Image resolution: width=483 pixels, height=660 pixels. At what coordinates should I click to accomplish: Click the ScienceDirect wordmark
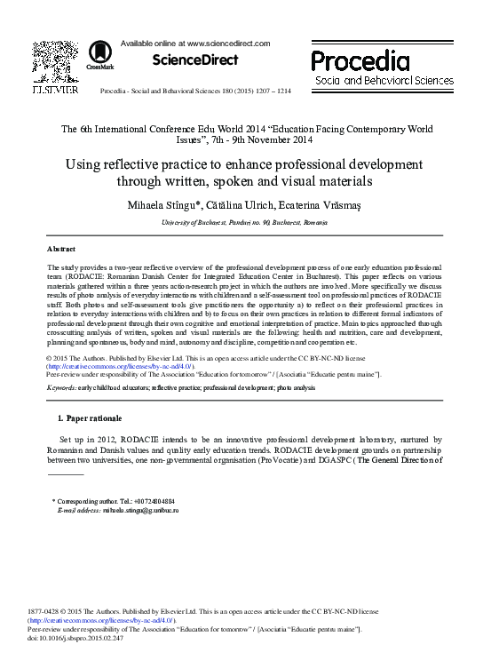[195, 60]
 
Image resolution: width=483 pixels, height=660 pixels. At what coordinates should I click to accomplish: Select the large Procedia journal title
[360, 61]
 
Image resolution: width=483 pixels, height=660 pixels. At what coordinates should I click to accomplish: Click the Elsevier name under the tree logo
[55, 90]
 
